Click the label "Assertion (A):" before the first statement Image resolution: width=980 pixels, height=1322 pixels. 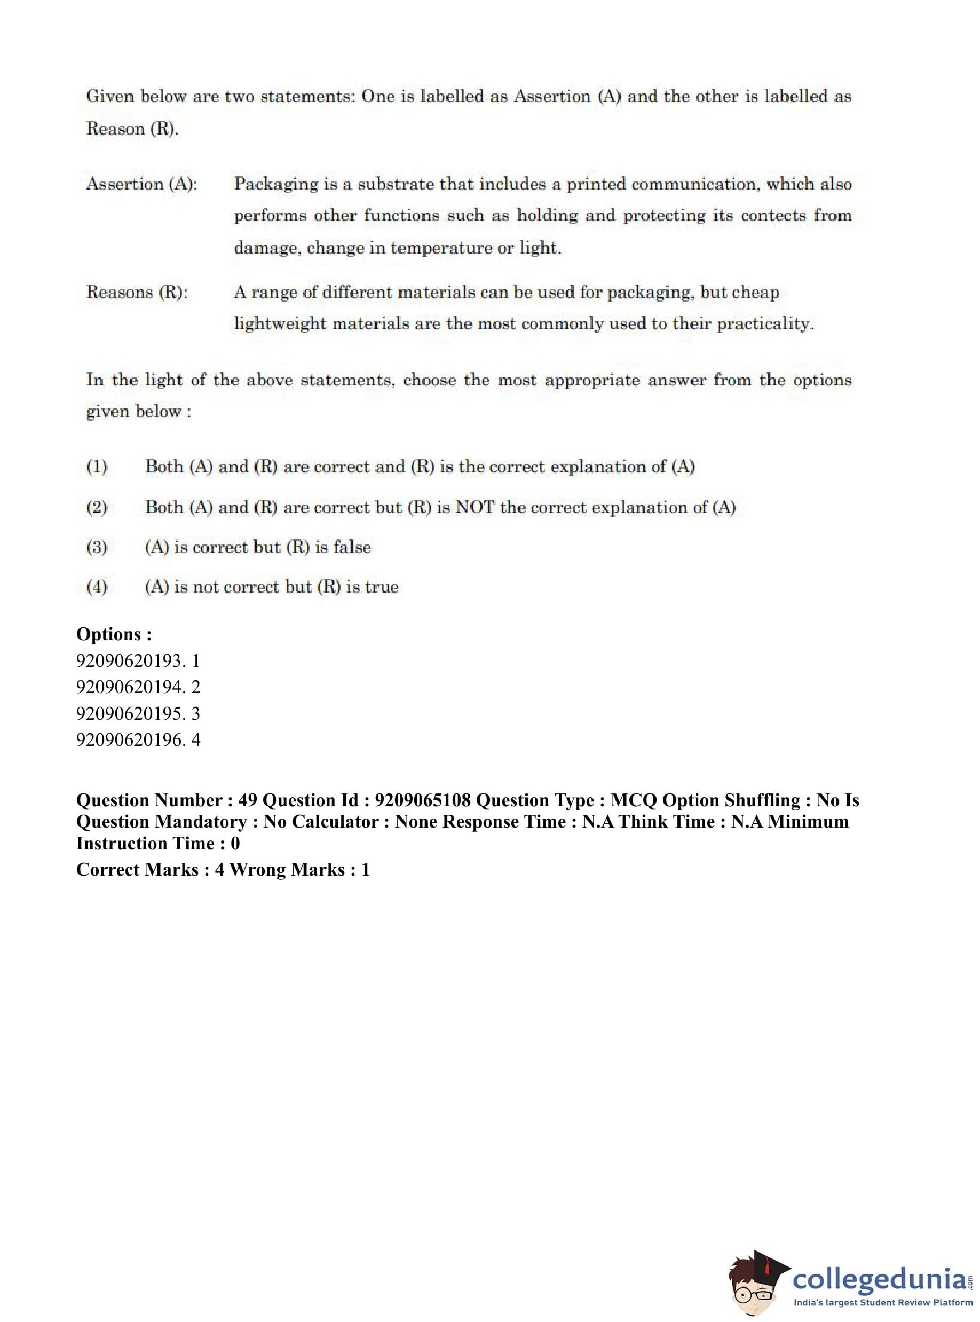click(x=142, y=184)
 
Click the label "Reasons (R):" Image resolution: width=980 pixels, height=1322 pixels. click(x=137, y=292)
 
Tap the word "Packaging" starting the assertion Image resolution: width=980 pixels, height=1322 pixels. click(x=276, y=184)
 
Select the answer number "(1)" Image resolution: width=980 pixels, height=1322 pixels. click(x=97, y=466)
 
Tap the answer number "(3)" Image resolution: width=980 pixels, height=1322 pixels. click(x=97, y=547)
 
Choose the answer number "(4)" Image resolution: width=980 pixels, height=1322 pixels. click(x=97, y=587)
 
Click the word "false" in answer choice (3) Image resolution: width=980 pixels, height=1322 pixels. click(x=352, y=547)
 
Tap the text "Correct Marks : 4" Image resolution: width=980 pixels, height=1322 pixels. click(x=150, y=869)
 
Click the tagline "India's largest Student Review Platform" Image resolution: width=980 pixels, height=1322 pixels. click(x=883, y=1302)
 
